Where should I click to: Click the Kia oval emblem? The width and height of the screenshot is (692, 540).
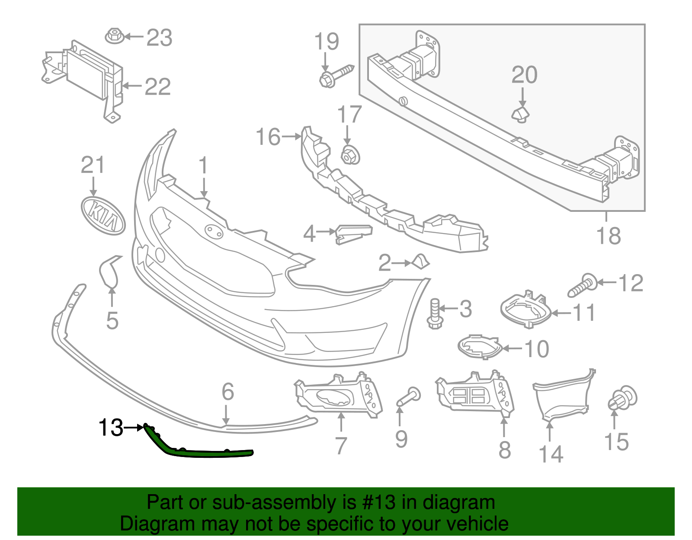(103, 215)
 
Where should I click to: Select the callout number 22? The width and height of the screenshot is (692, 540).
(157, 87)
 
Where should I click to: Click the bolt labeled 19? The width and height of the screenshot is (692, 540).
(336, 75)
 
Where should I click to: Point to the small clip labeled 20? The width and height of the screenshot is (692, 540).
(521, 115)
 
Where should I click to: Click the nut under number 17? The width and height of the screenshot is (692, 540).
(350, 155)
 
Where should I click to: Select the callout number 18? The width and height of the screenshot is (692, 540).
(609, 236)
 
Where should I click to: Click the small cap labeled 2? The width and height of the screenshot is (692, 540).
(420, 262)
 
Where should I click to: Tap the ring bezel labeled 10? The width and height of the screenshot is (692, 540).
(479, 347)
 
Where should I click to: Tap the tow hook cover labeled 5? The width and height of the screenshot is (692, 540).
(108, 271)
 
